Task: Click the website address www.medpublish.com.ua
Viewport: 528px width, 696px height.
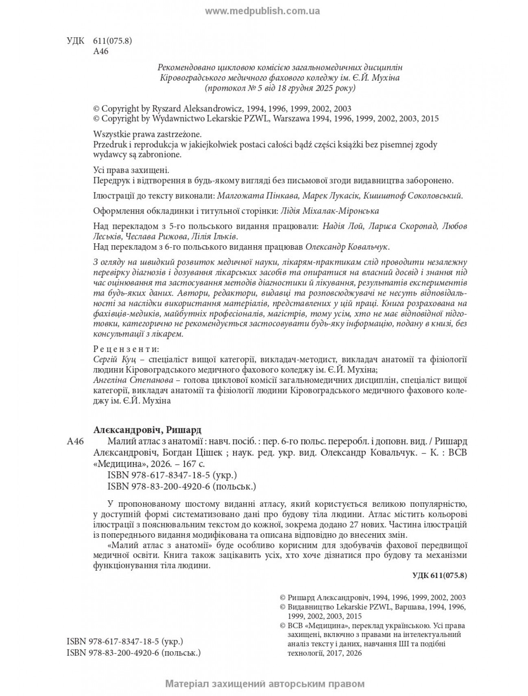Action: [262, 11]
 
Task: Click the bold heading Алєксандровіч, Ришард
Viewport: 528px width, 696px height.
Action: [147, 430]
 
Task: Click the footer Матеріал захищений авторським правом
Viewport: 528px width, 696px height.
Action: [264, 684]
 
